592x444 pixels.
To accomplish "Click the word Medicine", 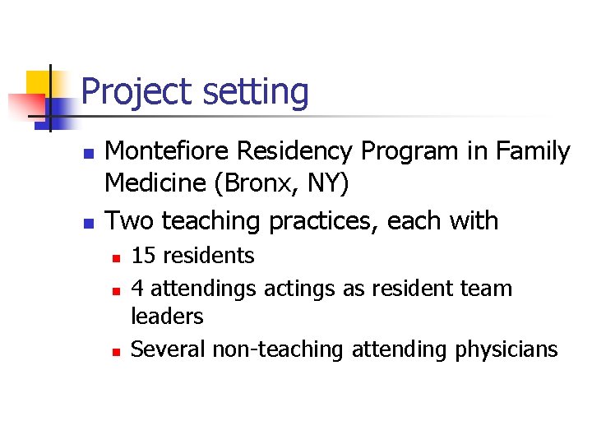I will [155, 183].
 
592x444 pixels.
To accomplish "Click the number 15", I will [144, 256].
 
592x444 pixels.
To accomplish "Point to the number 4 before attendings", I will [138, 289].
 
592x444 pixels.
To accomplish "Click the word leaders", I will [167, 316].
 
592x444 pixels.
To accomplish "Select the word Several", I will [168, 349].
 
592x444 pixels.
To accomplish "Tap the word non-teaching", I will [279, 349].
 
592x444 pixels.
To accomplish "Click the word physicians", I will [506, 349].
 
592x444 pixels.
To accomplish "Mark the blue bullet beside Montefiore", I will [90, 154].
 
